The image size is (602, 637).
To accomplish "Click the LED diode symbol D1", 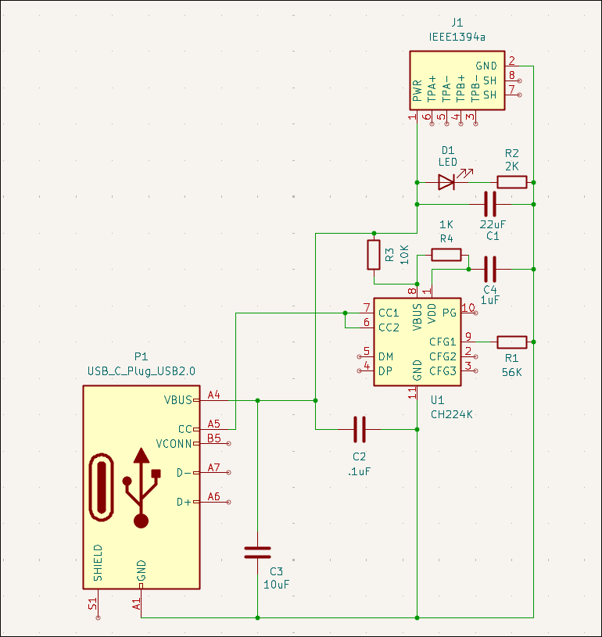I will click(446, 182).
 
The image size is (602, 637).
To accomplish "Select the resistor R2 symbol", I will click(512, 182).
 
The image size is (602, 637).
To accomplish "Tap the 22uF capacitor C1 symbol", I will click(490, 204).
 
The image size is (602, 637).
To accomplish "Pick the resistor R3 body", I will click(374, 255).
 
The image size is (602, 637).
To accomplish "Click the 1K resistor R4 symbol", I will click(446, 254).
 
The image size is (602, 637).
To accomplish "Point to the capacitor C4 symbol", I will click(490, 269).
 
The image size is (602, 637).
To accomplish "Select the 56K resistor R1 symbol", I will click(512, 341).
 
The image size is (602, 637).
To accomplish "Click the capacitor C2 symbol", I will click(360, 429).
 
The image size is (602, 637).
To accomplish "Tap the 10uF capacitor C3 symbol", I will click(257, 553).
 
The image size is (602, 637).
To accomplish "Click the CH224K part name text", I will click(452, 414).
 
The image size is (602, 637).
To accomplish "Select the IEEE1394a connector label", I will click(457, 37).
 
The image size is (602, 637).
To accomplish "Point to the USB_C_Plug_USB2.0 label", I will click(142, 371).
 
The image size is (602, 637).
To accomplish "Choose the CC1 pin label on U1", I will click(389, 313).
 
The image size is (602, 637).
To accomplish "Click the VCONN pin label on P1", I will click(174, 443).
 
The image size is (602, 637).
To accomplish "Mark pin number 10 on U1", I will click(468, 307).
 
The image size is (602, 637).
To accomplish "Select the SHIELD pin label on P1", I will click(98, 563).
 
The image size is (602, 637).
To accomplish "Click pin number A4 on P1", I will click(214, 394).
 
